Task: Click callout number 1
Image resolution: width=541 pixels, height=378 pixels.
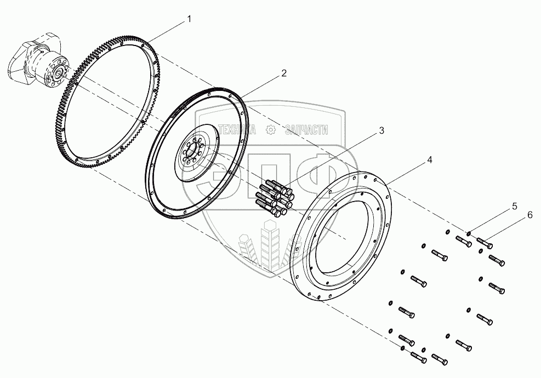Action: (x=189, y=19)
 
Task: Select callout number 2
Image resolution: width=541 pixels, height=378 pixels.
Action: (x=284, y=73)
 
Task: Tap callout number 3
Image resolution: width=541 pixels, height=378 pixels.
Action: (x=381, y=131)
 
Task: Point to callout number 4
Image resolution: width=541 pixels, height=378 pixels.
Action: (x=430, y=160)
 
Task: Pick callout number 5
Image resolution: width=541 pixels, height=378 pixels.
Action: (x=514, y=206)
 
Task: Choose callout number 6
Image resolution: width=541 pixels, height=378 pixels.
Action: (x=529, y=215)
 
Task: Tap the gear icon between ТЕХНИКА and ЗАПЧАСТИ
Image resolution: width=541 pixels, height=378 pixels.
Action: (x=270, y=130)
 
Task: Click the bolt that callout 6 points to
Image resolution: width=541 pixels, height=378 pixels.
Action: (x=485, y=240)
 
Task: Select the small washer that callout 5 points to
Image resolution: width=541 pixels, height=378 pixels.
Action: (x=469, y=233)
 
